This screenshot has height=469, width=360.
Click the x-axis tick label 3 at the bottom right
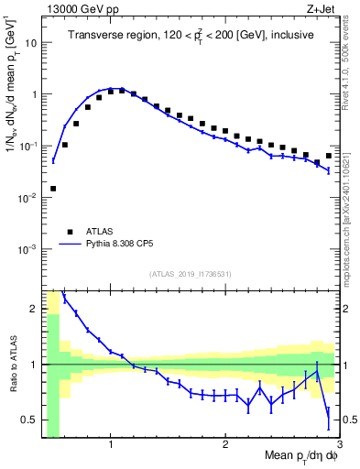click(x=339, y=442)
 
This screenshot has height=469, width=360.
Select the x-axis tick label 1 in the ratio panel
click(x=111, y=442)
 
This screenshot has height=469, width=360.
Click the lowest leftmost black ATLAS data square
click(x=53, y=189)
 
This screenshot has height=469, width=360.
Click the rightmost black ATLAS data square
click(x=329, y=156)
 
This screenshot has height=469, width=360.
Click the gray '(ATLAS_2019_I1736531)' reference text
click(x=190, y=273)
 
